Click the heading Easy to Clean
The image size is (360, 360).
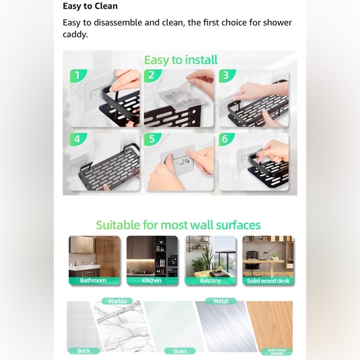[90, 6]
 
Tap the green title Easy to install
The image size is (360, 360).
[181, 60]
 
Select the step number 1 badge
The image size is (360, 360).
[76, 76]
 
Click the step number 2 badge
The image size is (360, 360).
[151, 76]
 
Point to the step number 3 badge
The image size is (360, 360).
[225, 76]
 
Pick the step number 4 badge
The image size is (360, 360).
[76, 139]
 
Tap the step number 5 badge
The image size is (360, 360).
[151, 139]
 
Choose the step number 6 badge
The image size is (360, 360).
[225, 139]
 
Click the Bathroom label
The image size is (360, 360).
[93, 281]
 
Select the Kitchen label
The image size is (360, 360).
[151, 281]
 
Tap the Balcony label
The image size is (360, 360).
[210, 281]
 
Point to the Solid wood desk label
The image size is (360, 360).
[268, 281]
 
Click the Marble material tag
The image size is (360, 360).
[117, 301]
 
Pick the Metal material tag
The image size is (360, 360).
[221, 301]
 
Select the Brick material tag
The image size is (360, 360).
[83, 351]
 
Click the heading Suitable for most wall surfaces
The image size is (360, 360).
[178, 225]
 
